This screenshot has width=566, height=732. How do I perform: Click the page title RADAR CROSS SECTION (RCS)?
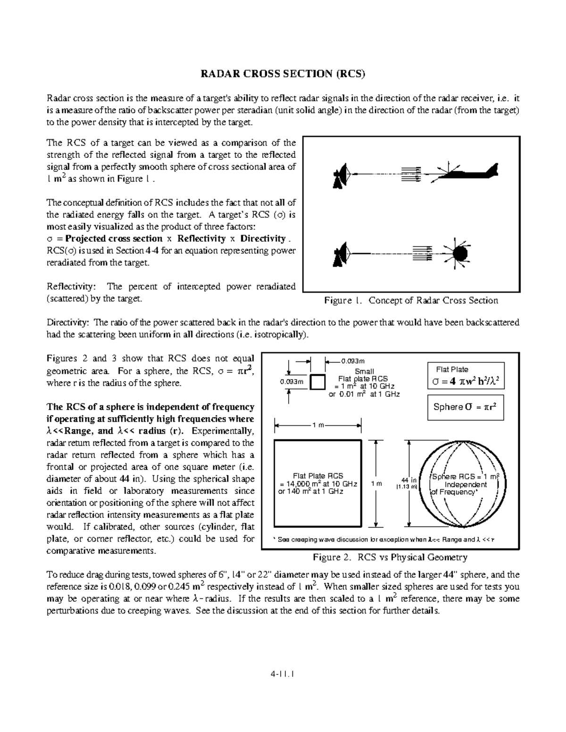pyautogui.click(x=283, y=74)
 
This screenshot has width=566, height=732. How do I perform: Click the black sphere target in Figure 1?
pyautogui.click(x=460, y=254)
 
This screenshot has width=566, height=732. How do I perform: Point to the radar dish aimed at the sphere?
pyautogui.click(x=341, y=255)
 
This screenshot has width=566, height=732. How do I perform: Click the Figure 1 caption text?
pyautogui.click(x=411, y=301)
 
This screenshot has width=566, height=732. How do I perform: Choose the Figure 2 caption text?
pyautogui.click(x=390, y=558)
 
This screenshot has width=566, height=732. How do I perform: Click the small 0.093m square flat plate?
pyautogui.click(x=318, y=382)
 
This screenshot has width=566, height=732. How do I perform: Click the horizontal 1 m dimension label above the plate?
pyautogui.click(x=318, y=426)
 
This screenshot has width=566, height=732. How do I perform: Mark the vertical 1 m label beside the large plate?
pyautogui.click(x=376, y=484)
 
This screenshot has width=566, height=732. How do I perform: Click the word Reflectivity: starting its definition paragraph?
pyautogui.click(x=71, y=287)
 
